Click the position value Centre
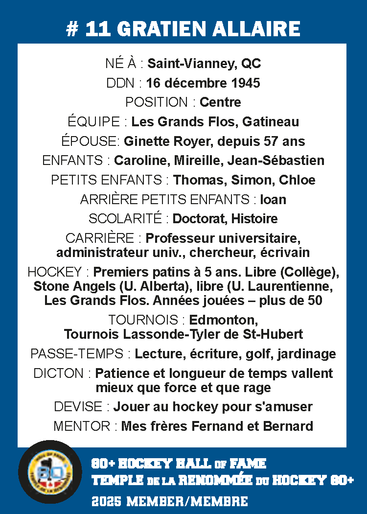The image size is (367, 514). coord(220,102)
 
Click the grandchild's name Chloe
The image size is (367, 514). coord(297,180)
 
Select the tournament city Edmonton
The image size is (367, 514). coord(216,321)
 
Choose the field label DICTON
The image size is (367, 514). coord(59,374)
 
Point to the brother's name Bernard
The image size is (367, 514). coord(288,426)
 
